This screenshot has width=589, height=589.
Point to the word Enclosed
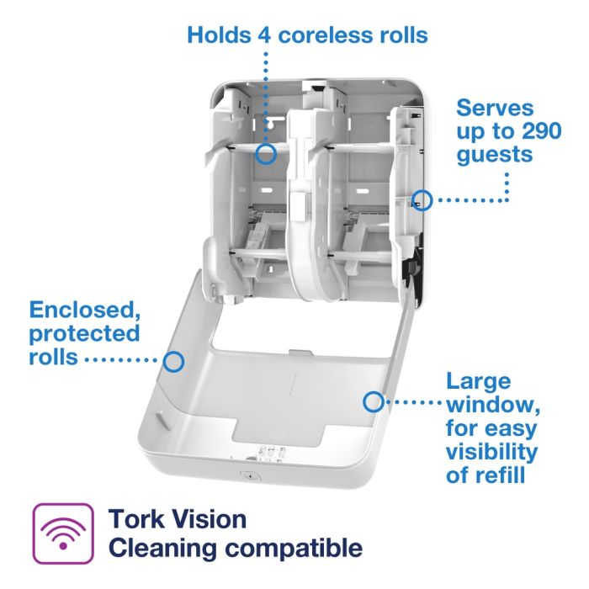point(81,309)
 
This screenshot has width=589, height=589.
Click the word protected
point(84,333)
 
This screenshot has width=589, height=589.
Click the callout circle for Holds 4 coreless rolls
point(266,153)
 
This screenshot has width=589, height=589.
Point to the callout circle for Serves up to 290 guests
point(422,200)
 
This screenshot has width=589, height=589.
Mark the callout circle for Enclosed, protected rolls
point(173,361)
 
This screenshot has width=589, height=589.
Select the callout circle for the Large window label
point(372,401)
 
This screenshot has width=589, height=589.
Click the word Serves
point(495,109)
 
